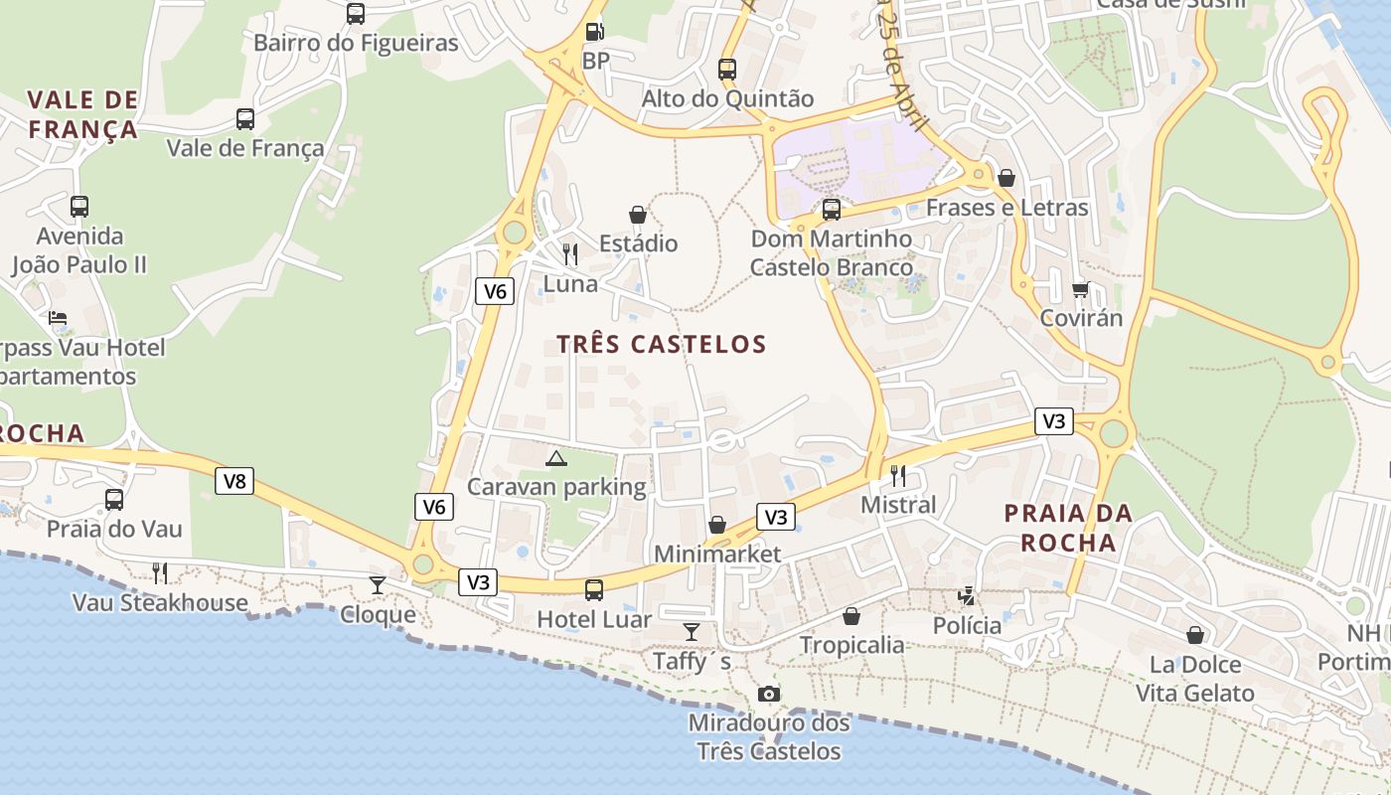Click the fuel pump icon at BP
[x=594, y=31]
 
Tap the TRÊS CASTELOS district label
[x=661, y=345]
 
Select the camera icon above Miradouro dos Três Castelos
[x=768, y=694]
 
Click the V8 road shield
[x=234, y=482]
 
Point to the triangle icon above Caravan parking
[x=556, y=458]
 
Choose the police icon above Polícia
[x=967, y=596]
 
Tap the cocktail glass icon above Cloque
[x=378, y=584]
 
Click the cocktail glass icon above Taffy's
[x=692, y=631]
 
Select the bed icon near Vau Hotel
[x=58, y=318]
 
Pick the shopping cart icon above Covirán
[x=1080, y=289]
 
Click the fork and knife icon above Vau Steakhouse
[x=159, y=572]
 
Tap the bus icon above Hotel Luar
[x=594, y=589]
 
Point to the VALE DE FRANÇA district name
[x=83, y=114]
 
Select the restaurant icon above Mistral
[x=898, y=475]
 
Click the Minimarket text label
[x=717, y=554]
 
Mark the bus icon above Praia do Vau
[x=114, y=499]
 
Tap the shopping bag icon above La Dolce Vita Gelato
[x=1195, y=634]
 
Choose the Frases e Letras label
[x=1006, y=208]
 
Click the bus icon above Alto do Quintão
[x=727, y=69]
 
